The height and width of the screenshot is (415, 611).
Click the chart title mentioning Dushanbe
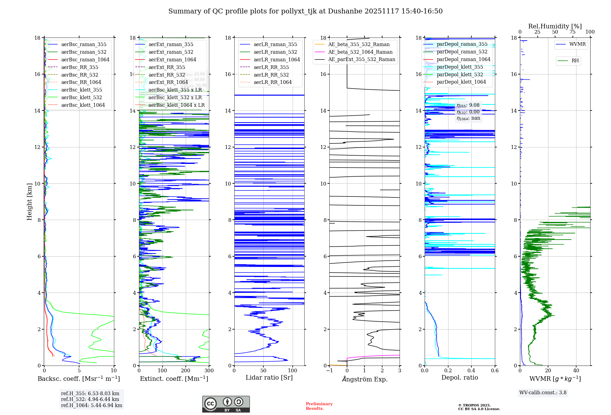coord(305,11)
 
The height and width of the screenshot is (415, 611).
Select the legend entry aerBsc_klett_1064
coord(83,105)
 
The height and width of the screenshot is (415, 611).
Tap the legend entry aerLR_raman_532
coord(275,52)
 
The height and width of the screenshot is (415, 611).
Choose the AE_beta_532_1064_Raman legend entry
coord(360,52)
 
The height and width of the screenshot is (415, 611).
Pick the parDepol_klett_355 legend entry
coord(460,67)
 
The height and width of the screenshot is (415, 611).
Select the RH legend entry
coord(575,61)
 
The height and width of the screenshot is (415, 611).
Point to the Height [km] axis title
coord(29,201)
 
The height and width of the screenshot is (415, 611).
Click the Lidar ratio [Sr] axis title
coord(269,377)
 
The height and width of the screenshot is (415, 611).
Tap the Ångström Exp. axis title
coord(364,379)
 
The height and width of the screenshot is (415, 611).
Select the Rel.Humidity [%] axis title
coord(555,26)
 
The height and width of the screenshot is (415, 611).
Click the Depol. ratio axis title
coord(459,377)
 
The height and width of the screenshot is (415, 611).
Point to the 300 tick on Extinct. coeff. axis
coord(209,370)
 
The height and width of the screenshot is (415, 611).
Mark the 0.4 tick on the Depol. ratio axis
coord(471,370)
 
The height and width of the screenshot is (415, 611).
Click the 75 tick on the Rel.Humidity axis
coord(573,32)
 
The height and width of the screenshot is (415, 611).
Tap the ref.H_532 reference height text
coord(90,399)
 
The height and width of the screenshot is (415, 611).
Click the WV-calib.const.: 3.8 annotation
coord(543,392)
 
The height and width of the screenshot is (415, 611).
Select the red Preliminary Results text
coord(319,406)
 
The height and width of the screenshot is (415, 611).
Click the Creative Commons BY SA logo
coord(226,404)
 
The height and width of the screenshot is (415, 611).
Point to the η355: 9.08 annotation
coord(468,105)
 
